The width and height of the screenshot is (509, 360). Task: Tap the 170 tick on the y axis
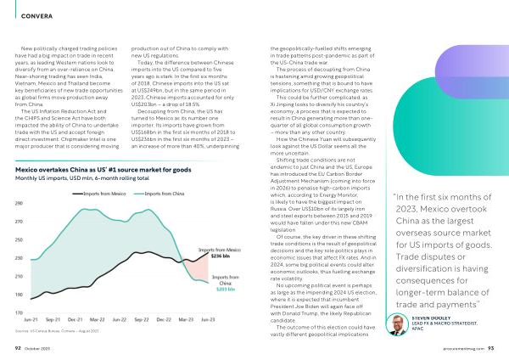pyautogui.click(x=18, y=313)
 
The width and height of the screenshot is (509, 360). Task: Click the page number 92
pyautogui.click(x=17, y=346)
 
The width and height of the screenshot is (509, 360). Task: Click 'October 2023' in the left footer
pyautogui.click(x=39, y=346)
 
